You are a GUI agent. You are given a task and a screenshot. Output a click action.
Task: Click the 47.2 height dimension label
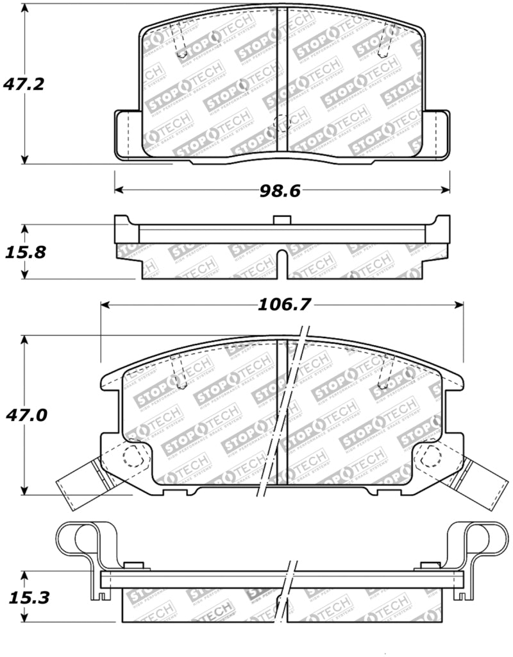pyautogui.click(x=24, y=84)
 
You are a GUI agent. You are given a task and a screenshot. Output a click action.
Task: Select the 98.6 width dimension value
pyautogui.click(x=280, y=190)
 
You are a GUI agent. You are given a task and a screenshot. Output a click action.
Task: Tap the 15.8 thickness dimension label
pyautogui.click(x=24, y=252)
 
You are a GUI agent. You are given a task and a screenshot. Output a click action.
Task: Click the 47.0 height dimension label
pyautogui.click(x=24, y=415)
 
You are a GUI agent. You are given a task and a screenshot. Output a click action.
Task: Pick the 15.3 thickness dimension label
pyautogui.click(x=24, y=598)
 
